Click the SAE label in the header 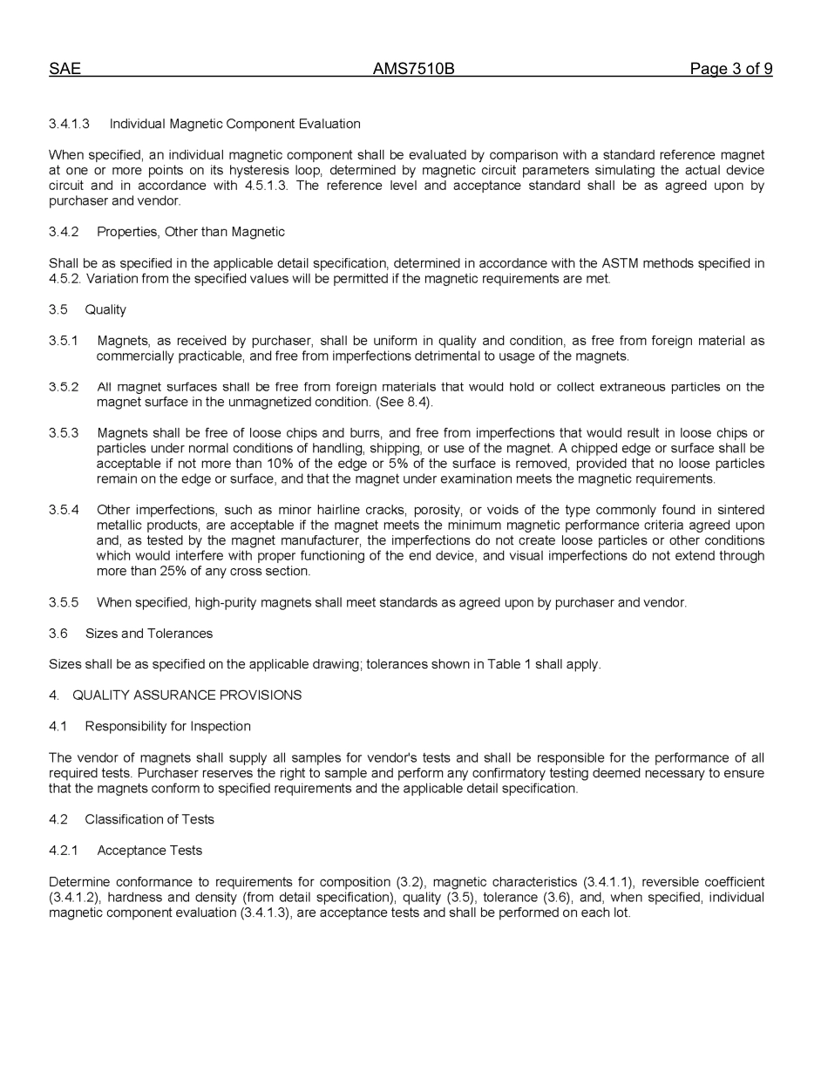coord(64,69)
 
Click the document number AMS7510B coord(413,69)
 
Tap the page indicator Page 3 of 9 coord(730,69)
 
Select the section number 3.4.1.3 coord(69,124)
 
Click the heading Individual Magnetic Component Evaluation coord(234,124)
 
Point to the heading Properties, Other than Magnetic coord(191,232)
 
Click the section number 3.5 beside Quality coord(58,309)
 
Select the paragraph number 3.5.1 coord(64,341)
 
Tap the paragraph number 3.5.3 coord(64,433)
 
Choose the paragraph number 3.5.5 coord(64,602)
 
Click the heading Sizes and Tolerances coord(149,634)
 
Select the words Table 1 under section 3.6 coord(506,664)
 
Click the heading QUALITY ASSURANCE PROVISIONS coord(187,695)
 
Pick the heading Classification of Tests coord(149,819)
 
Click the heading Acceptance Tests coord(149,851)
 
